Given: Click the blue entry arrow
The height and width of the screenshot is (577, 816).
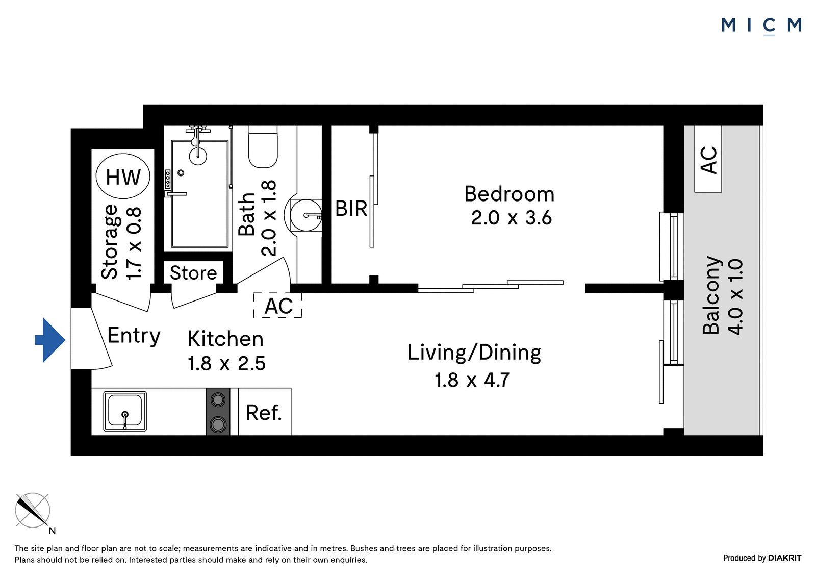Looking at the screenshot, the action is click(50, 340).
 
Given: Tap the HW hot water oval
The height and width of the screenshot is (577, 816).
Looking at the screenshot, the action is click(123, 177).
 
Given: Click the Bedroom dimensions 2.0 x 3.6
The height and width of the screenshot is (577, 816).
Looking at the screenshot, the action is click(512, 218).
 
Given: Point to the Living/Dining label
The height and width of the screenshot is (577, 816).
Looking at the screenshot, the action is click(474, 353).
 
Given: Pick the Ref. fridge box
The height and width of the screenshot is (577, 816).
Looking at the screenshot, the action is click(265, 412).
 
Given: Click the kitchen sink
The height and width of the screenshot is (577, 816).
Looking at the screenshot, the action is click(125, 412).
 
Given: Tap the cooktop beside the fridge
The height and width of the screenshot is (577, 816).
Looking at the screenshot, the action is click(218, 412).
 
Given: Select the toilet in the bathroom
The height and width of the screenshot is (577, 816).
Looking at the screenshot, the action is click(263, 146).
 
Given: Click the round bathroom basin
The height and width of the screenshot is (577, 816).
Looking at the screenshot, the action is click(305, 215).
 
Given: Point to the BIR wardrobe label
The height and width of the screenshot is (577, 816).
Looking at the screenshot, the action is click(351, 209).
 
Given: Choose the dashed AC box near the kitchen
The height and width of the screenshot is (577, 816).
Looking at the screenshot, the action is click(278, 306).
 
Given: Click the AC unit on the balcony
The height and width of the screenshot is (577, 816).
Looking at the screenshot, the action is click(708, 159).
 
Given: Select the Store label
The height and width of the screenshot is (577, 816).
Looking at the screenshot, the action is click(193, 272).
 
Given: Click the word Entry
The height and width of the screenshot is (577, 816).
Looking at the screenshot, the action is click(134, 336).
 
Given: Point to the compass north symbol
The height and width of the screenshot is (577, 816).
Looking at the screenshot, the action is click(33, 511).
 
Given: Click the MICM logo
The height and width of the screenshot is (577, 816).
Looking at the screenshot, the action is click(761, 26).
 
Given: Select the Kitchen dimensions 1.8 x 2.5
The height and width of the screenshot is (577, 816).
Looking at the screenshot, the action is click(226, 363).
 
